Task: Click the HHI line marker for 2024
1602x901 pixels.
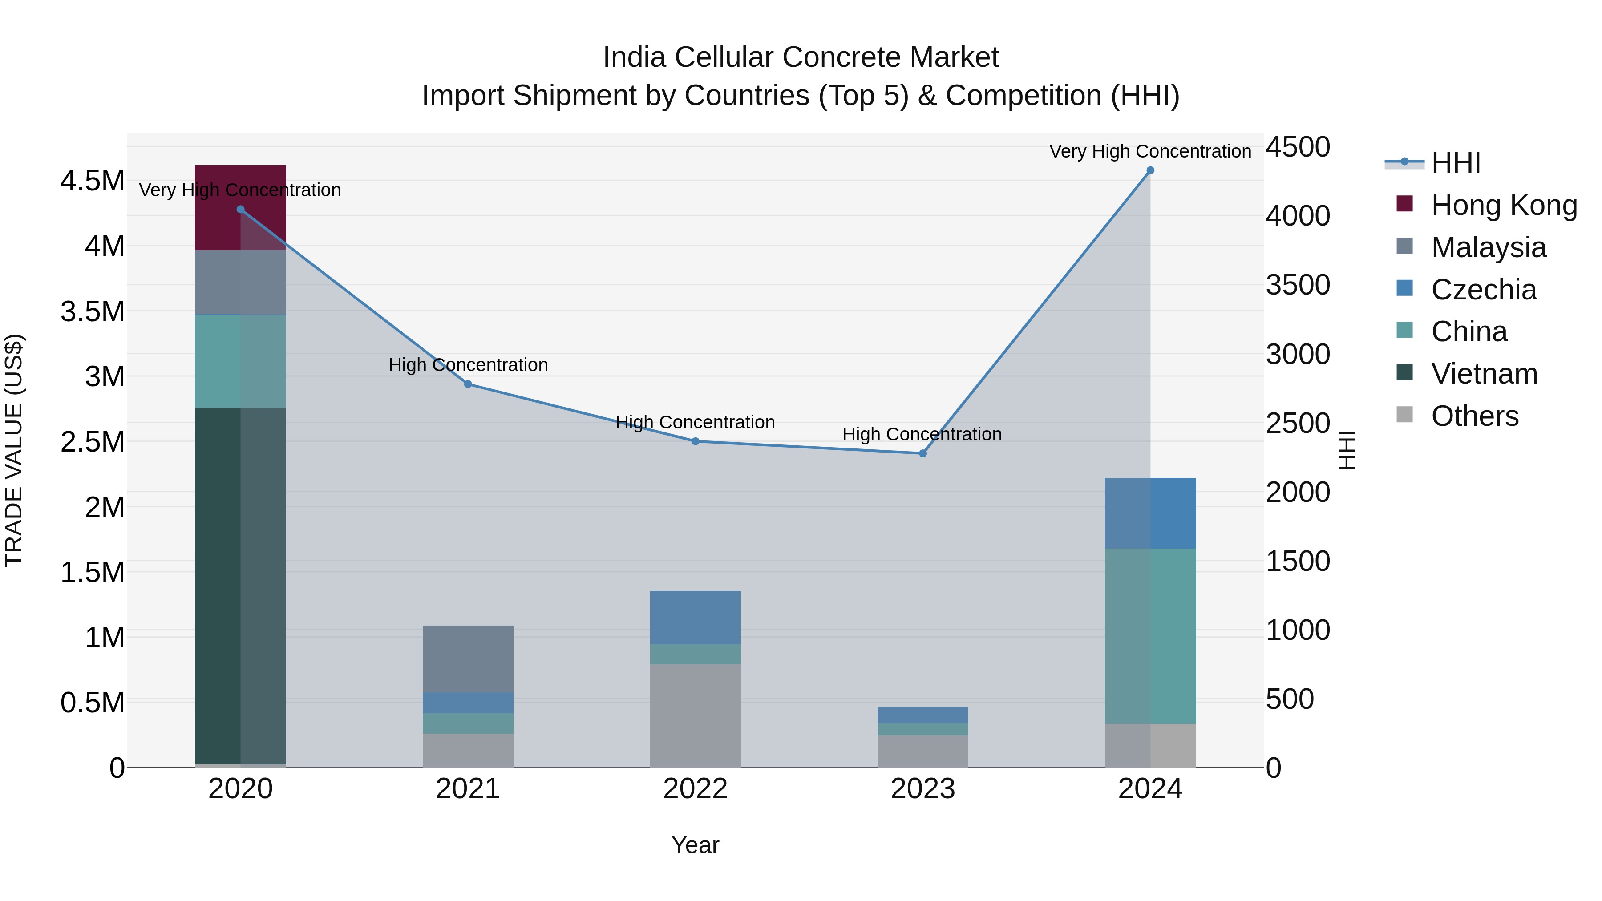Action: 1150,170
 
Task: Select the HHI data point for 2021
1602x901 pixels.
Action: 468,384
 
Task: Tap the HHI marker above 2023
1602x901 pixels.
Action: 923,453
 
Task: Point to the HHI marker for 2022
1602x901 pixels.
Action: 695,441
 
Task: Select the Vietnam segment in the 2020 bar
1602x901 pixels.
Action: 240,585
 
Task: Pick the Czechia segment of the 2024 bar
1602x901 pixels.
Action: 1150,513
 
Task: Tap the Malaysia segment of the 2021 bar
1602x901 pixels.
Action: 468,659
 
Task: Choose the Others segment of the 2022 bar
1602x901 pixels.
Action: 695,715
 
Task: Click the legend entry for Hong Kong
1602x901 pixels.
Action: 1504,205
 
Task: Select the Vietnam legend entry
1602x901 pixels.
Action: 1484,374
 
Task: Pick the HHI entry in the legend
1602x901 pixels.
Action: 1455,163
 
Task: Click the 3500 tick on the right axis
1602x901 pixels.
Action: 1297,285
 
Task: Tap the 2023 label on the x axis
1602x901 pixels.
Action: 923,789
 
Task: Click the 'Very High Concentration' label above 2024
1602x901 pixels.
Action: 1150,151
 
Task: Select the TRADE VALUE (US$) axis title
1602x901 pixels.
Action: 14,450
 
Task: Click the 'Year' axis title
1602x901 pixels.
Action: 695,845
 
